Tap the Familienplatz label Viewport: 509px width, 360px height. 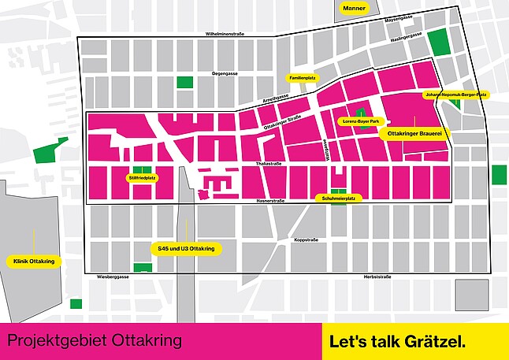pos(303,79)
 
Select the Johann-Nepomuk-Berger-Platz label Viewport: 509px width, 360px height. pos(456,95)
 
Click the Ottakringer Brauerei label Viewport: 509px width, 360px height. pos(414,135)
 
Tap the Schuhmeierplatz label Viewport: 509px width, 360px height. pos(339,199)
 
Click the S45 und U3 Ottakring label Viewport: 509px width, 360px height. pos(187,249)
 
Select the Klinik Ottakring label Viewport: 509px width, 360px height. pos(34,260)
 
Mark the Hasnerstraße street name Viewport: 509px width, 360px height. pos(269,202)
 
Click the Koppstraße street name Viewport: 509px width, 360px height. pos(305,239)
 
